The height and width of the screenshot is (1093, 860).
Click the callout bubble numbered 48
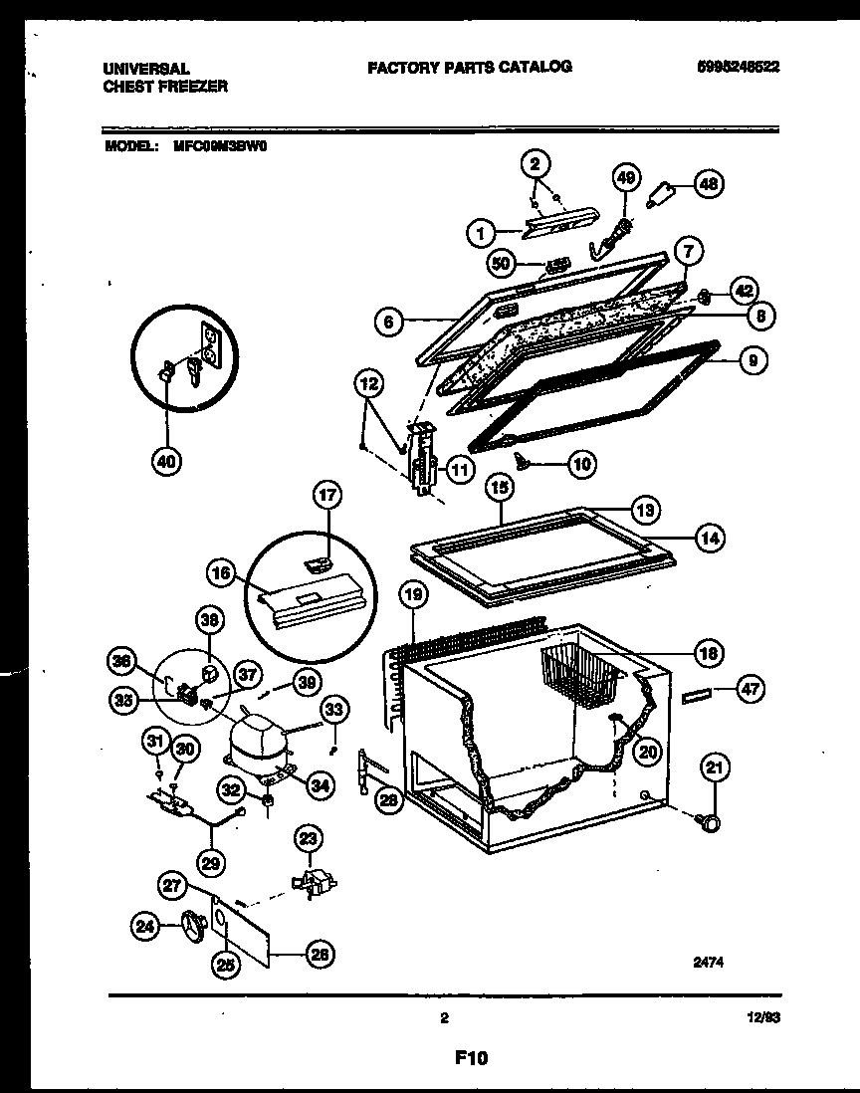pyautogui.click(x=708, y=183)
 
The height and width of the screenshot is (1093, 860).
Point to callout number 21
pyautogui.click(x=717, y=766)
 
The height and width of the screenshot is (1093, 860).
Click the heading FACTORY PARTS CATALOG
pyautogui.click(x=469, y=67)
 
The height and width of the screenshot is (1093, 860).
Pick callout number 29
pyautogui.click(x=211, y=860)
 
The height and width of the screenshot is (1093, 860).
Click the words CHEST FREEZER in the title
pyautogui.click(x=164, y=87)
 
